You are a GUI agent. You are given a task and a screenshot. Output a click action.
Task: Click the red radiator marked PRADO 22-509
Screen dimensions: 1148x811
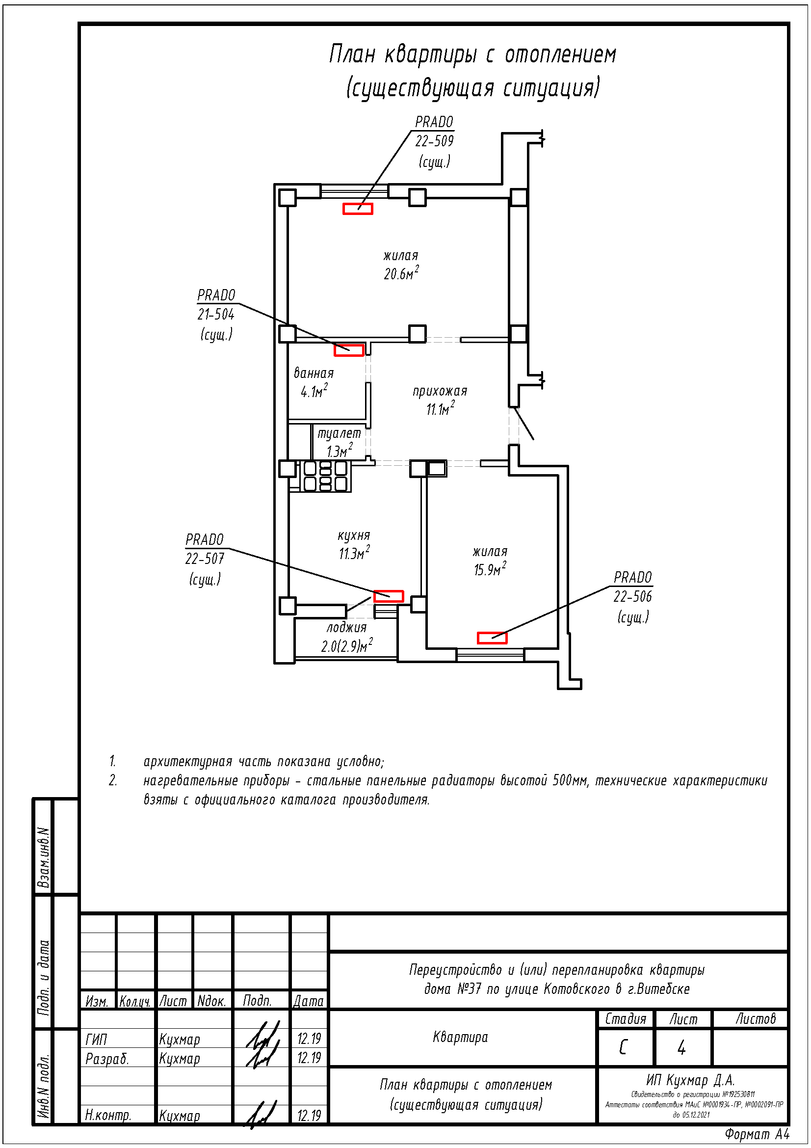357,209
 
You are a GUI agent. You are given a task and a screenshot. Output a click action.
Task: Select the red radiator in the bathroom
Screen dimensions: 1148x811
349,350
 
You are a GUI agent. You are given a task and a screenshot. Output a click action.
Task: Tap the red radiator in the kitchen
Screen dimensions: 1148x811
388,595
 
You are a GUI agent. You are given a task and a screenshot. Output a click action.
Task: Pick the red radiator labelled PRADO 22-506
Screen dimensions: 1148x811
492,638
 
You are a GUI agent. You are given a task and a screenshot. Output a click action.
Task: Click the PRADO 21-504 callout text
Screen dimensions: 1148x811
216,314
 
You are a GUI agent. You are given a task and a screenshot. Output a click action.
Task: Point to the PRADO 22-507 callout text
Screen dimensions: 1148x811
205,559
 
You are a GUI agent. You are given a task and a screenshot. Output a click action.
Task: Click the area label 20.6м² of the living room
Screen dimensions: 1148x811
401,273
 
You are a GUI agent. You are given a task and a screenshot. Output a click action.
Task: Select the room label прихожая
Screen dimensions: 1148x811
440,391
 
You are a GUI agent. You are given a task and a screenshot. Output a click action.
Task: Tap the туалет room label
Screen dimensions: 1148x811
339,433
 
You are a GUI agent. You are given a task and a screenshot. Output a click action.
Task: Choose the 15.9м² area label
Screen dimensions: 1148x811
490,569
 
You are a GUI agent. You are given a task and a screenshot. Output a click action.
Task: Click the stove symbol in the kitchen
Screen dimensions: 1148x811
325,476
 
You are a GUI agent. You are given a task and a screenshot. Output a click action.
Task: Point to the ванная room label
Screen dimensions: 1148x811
314,373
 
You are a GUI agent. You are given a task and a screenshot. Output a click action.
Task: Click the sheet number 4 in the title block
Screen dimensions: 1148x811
681,1047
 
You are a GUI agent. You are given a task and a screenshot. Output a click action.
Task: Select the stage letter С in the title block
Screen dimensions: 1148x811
623,1047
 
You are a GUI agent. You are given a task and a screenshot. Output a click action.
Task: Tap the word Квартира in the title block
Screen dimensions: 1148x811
460,1037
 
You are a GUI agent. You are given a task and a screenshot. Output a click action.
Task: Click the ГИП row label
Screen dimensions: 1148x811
97,1040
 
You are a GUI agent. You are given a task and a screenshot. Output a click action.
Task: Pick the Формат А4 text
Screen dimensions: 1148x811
757,1134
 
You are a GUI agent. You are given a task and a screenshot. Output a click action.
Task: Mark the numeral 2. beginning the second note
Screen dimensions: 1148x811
113,780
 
